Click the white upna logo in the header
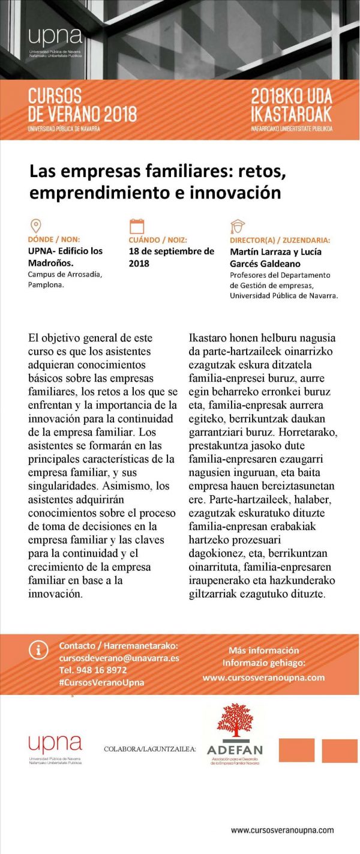55,38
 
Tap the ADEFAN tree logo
235,722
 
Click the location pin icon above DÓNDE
35,226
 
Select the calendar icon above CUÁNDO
137,226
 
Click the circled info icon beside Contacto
39,649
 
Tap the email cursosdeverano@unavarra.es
119,658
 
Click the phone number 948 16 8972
93,670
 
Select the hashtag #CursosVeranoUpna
101,682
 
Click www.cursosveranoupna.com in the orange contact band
263,678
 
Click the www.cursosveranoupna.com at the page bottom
282,830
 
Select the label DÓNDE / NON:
54,239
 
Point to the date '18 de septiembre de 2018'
171,257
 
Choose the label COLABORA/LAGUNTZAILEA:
149,749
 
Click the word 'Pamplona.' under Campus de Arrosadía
46,285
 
